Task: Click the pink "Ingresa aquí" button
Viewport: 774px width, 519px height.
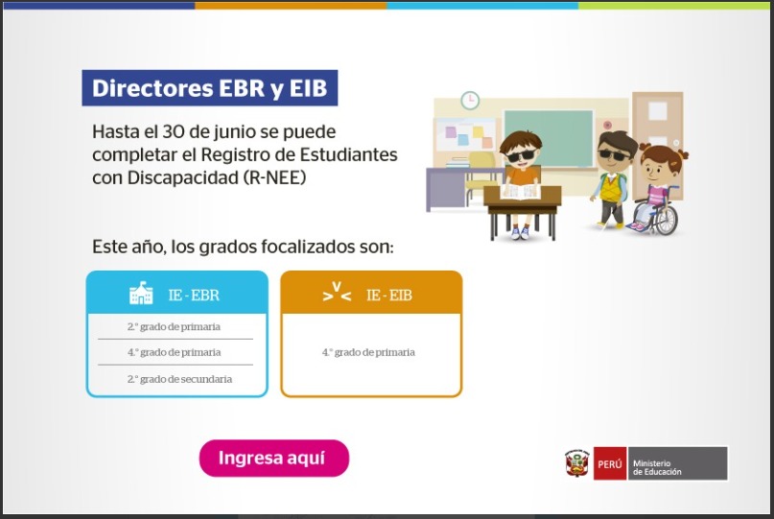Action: point(274,458)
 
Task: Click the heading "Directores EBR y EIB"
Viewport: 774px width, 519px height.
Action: point(210,88)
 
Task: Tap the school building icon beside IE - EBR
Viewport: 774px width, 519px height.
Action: point(141,293)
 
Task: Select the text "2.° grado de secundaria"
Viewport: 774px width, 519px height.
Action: point(179,379)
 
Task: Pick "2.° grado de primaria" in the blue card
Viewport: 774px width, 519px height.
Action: point(174,327)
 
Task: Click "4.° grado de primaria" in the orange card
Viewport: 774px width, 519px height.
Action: point(368,353)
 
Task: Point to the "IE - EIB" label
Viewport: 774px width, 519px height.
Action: point(389,295)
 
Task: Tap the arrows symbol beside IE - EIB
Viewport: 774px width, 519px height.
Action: point(337,292)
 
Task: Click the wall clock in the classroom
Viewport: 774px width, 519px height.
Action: point(470,100)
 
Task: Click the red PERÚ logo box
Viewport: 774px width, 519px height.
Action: point(610,463)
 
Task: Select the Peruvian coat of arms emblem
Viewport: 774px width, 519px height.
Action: point(577,463)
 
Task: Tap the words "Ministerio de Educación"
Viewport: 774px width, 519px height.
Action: point(657,467)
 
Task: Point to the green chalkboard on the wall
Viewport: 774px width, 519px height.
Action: point(548,137)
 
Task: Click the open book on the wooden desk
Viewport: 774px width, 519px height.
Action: point(521,191)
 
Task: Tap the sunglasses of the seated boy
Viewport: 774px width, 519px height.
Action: point(521,156)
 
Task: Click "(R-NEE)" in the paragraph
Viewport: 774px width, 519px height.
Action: point(275,177)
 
